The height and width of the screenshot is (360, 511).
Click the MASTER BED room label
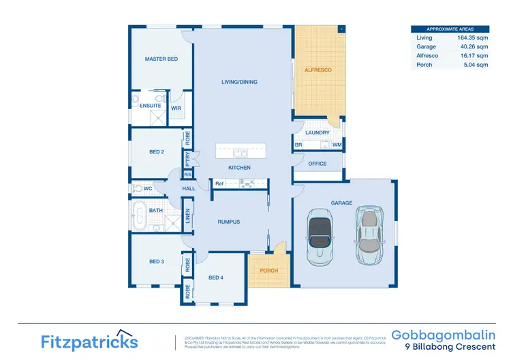click(x=161, y=59)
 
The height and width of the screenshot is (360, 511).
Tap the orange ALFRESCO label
click(x=318, y=70)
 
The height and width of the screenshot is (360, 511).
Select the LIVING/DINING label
click(x=239, y=82)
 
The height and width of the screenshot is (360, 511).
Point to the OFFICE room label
click(x=318, y=164)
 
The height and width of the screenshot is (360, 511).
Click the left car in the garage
click(x=320, y=236)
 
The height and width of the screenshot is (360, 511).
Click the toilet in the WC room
click(x=136, y=188)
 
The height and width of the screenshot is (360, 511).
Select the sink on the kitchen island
click(x=240, y=152)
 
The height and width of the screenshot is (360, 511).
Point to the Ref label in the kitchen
click(x=219, y=183)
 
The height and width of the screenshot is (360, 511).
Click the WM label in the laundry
click(x=337, y=145)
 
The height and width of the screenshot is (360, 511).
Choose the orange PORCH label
click(x=268, y=271)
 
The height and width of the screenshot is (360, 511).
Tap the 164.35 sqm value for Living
click(x=473, y=37)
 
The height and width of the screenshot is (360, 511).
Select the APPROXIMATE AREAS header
click(x=450, y=29)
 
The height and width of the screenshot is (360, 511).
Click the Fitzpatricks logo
click(x=89, y=341)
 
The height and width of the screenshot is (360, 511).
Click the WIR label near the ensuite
click(x=176, y=108)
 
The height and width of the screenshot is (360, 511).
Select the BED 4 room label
click(x=216, y=277)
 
